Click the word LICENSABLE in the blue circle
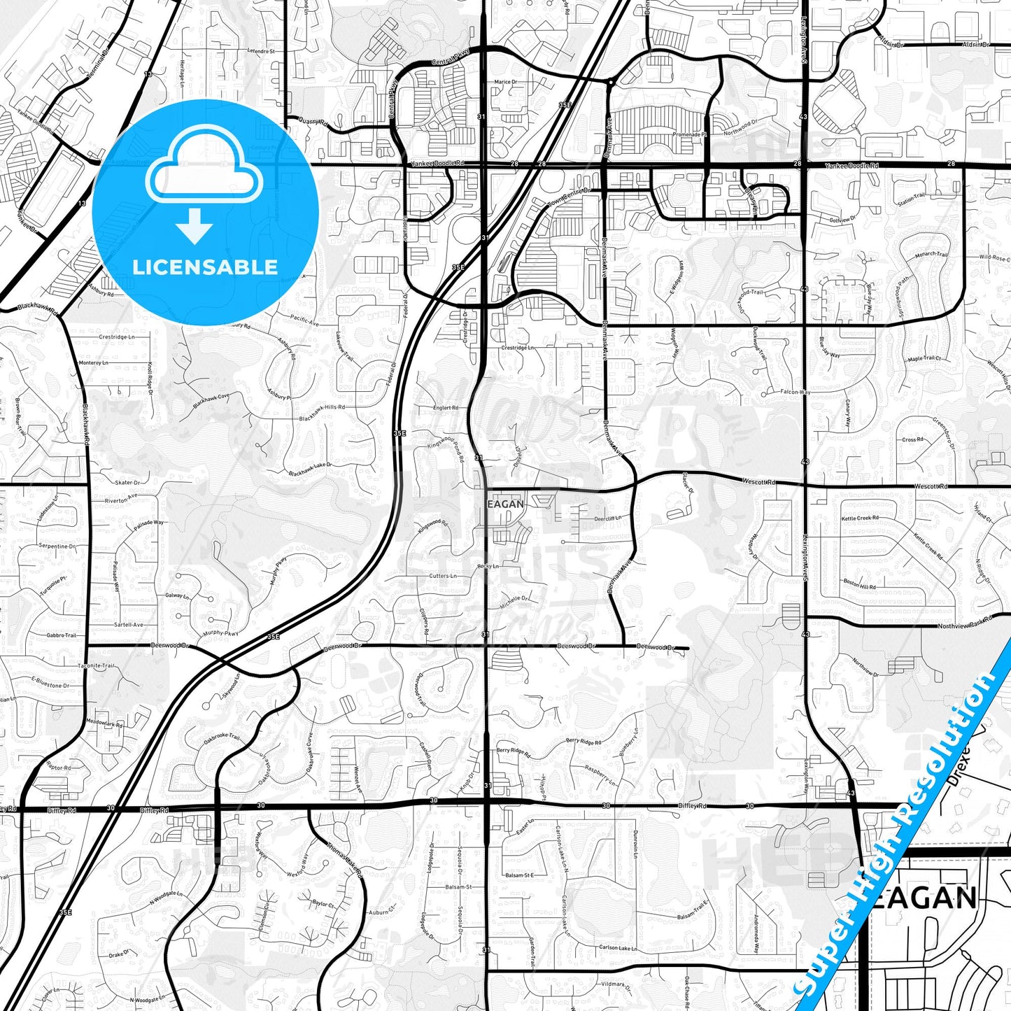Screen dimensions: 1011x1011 coord(205,267)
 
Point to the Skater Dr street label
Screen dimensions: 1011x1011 coord(127,483)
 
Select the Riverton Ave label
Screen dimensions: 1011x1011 coord(121,500)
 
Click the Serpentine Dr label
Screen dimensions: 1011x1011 coord(57,546)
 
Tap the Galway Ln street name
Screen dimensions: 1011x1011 coord(177,595)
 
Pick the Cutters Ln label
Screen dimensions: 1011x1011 coord(442,576)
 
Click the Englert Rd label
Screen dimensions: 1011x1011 coord(446,407)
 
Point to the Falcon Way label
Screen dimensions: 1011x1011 coord(795,392)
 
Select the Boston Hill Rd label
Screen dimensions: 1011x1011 coord(859,584)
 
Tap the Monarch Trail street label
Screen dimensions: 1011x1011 coord(931,255)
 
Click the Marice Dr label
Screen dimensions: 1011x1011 coord(505,82)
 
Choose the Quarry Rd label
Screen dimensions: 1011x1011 coord(313,121)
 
